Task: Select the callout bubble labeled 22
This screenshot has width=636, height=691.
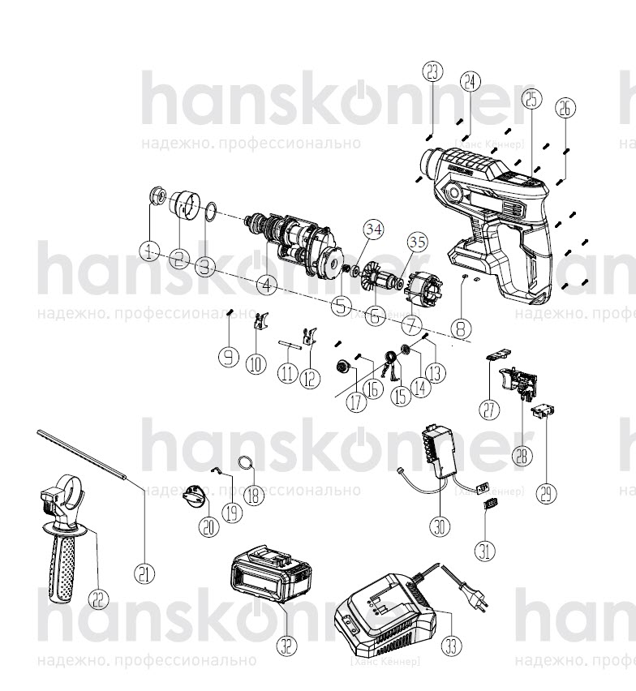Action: pos(98,600)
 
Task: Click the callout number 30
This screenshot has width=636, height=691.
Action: pos(439,526)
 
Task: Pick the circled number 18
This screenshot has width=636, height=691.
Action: pos(255,495)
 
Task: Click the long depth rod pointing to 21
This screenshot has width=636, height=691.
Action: pos(81,457)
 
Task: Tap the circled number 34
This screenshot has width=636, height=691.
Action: pos(372,230)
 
